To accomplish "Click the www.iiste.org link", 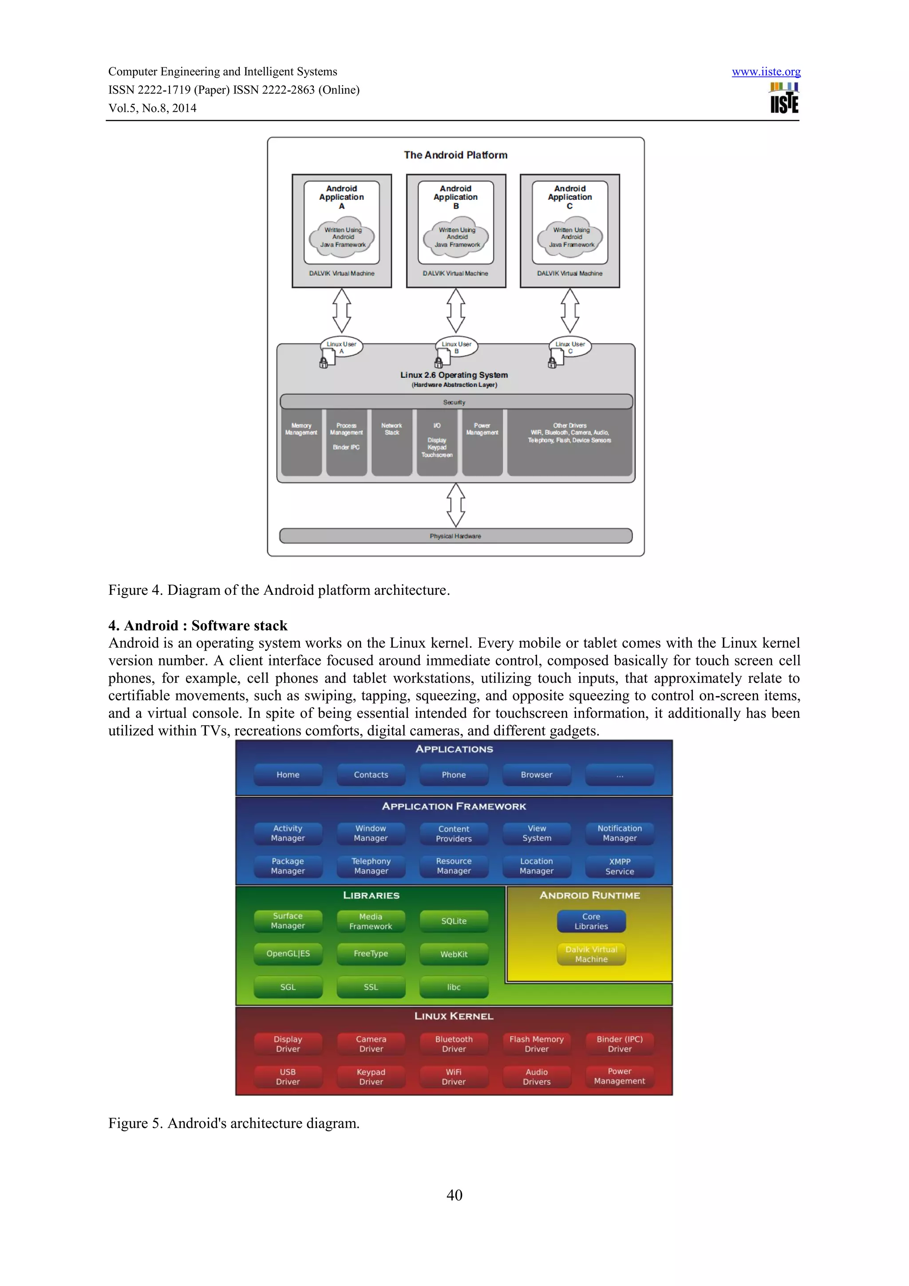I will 766,72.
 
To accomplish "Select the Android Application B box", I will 455,222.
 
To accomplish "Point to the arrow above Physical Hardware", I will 455,505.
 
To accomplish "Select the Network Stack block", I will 391,443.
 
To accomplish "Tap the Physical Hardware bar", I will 455,536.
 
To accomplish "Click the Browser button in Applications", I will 537,775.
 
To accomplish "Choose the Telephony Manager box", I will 371,866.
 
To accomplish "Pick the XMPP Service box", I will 620,867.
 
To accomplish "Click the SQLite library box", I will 454,921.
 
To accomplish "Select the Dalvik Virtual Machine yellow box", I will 591,954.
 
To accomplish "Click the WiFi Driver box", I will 454,1076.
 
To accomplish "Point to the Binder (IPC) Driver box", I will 620,1044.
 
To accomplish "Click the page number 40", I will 454,1195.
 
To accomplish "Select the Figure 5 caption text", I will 233,1123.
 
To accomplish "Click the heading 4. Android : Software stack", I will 198,625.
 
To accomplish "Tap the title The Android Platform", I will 455,155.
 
